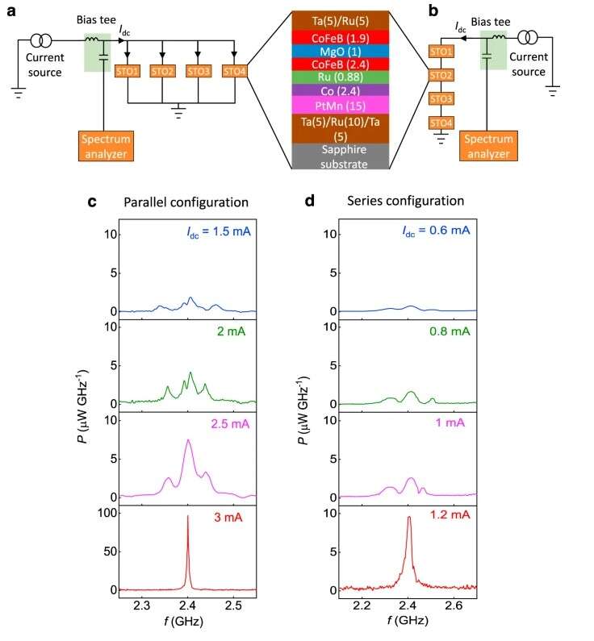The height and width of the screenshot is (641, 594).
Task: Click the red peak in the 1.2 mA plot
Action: point(408,520)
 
